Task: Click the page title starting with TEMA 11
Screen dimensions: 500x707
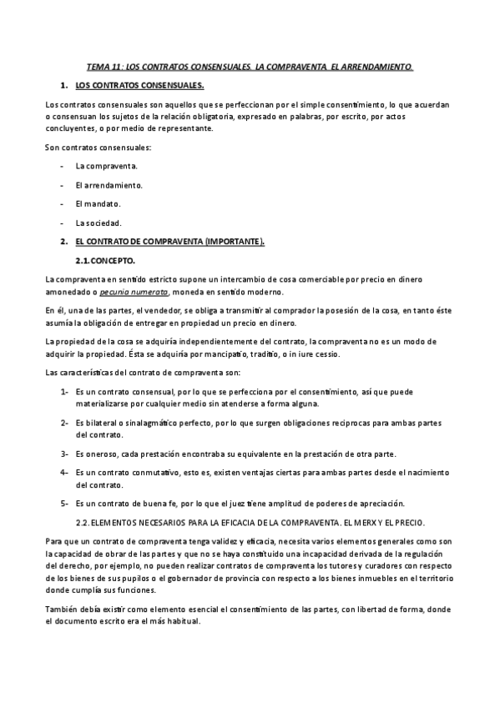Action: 250,64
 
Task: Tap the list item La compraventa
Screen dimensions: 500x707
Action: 107,166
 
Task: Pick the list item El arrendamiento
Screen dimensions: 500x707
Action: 109,184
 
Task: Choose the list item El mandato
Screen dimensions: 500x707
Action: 98,203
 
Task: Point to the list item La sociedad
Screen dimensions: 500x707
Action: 98,223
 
